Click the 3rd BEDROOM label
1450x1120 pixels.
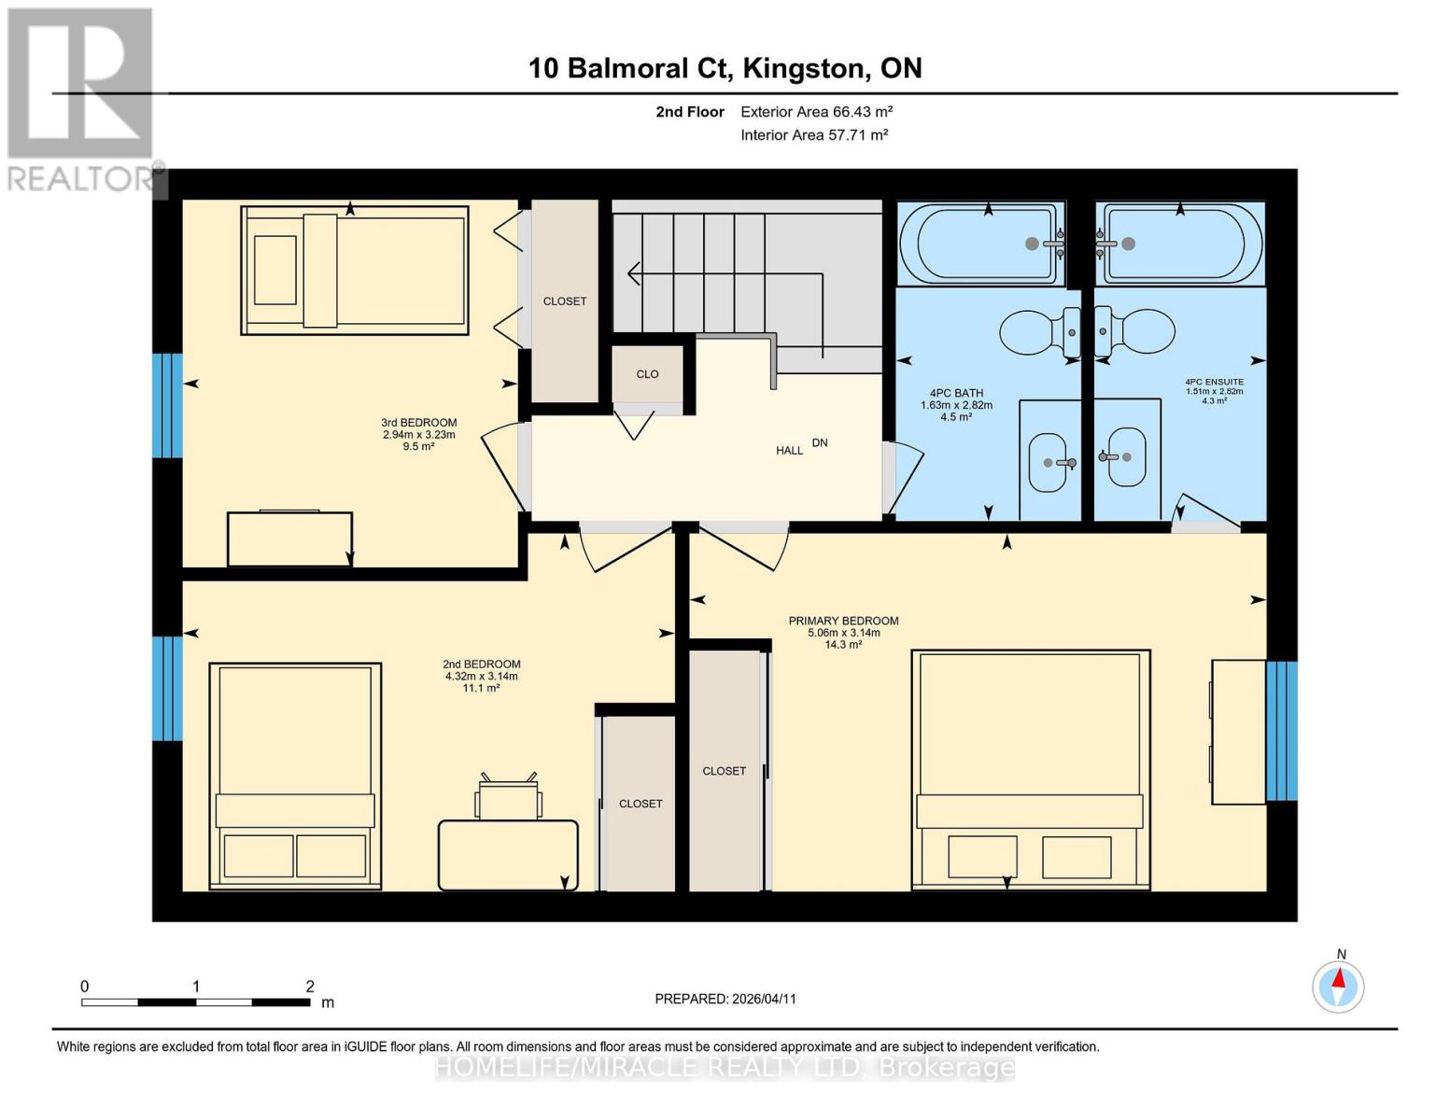pos(418,423)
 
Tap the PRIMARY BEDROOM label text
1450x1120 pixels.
pos(843,621)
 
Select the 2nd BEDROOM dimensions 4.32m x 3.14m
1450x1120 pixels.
pos(481,677)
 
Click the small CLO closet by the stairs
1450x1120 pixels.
pos(647,374)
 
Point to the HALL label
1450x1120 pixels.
pos(789,451)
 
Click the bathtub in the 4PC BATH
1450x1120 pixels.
pos(980,244)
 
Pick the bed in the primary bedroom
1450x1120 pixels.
pos(1030,770)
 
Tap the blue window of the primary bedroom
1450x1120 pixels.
pos(1281,731)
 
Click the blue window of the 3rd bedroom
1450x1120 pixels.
pos(167,405)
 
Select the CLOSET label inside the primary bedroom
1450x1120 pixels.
pos(724,771)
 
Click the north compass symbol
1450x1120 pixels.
pos(1338,986)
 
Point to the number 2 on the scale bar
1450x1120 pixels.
pos(310,986)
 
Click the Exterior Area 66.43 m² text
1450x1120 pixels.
pos(816,112)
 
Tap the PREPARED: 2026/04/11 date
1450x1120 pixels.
pos(725,999)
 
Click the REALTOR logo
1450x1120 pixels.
pos(82,98)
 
